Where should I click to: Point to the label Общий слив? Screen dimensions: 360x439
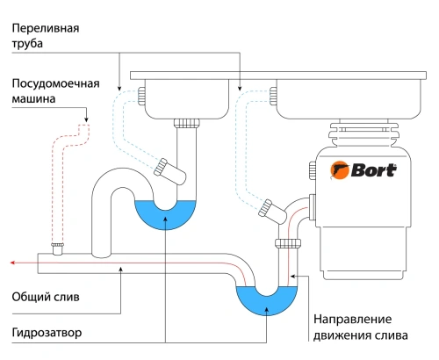(x=45, y=298)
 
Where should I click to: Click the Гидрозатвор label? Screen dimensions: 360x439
(x=47, y=333)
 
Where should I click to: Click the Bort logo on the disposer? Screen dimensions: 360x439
(x=362, y=169)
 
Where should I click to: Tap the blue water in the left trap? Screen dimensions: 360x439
(x=166, y=213)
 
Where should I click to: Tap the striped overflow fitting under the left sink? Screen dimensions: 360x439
(x=163, y=167)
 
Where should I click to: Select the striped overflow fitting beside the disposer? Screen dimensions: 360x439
(x=267, y=208)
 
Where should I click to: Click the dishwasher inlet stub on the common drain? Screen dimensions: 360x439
(x=58, y=248)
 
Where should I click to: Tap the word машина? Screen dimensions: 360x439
(x=36, y=100)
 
